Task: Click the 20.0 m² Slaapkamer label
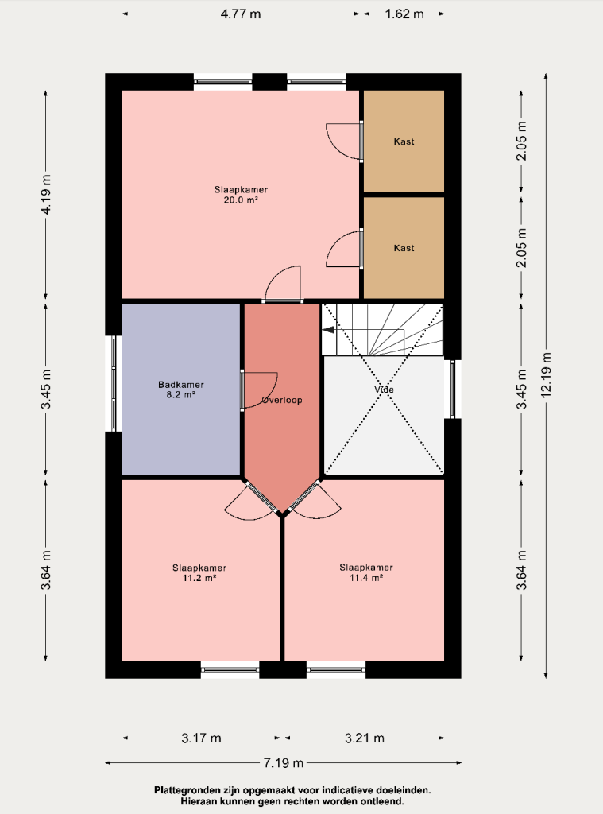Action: tap(241, 195)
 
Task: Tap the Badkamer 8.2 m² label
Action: tap(180, 390)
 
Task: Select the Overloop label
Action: tap(282, 400)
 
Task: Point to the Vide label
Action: tap(384, 390)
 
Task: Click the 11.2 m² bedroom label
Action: tap(199, 572)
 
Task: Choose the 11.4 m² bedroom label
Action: tap(365, 572)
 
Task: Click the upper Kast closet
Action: tap(404, 141)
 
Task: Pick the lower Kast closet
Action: tap(404, 248)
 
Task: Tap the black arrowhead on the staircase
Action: tap(328, 329)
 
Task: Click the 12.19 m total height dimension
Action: tap(546, 375)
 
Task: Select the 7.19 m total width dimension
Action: tap(284, 762)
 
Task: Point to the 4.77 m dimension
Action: tap(241, 14)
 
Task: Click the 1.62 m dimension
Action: tap(404, 14)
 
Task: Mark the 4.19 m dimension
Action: tap(45, 195)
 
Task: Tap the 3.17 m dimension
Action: tap(201, 738)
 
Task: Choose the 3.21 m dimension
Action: tap(365, 738)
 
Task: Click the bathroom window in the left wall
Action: tap(114, 384)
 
